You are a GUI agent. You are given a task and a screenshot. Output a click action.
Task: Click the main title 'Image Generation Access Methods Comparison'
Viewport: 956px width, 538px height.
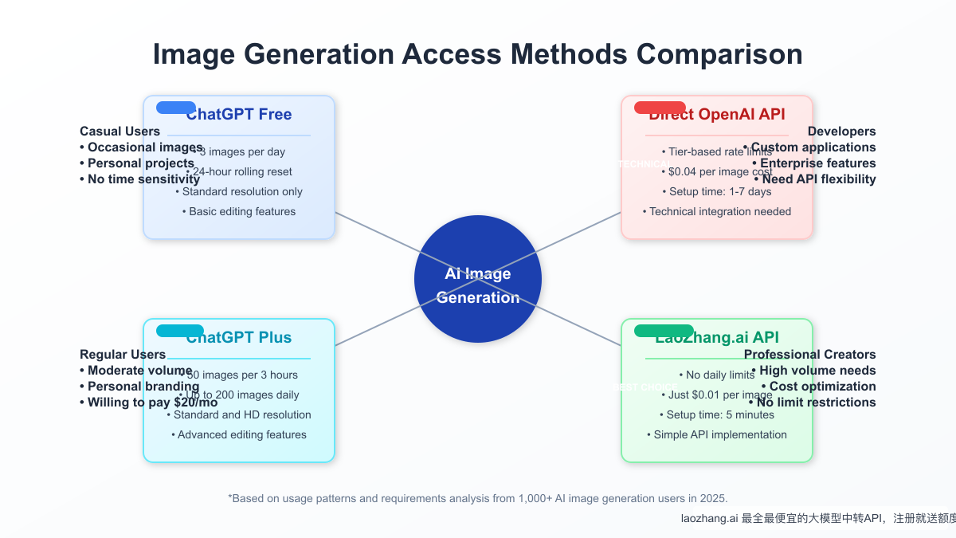(477, 54)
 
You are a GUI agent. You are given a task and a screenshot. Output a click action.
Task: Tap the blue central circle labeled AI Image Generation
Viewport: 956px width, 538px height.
(478, 279)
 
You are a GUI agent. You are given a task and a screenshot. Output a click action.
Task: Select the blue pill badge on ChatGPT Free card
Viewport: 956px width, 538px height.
(176, 108)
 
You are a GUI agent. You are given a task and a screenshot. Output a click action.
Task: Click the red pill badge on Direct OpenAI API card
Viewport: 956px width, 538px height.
(660, 108)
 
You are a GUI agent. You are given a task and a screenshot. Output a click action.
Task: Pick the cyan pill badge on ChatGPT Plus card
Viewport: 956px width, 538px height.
(180, 331)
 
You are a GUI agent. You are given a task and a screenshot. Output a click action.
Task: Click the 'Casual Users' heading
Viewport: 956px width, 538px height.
(119, 132)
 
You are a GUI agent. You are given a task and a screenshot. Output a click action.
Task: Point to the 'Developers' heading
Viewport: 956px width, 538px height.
(841, 132)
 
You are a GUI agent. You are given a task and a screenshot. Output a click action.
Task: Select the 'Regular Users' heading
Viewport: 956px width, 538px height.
(123, 355)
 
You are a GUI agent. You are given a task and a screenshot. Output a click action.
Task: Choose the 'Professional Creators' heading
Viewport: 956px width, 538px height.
(809, 355)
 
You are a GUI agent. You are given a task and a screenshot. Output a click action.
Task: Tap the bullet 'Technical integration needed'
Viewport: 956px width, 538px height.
(717, 212)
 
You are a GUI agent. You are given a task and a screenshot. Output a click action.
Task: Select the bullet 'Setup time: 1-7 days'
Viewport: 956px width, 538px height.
(717, 192)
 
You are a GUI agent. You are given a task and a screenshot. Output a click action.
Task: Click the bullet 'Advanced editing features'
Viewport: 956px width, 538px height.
(239, 435)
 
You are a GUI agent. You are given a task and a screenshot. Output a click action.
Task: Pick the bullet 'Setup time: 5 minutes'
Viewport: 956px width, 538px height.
(717, 415)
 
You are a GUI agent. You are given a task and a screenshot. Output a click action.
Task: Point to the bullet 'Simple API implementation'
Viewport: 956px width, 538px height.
(717, 435)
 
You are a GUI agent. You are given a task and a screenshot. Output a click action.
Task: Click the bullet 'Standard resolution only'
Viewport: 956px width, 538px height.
(239, 192)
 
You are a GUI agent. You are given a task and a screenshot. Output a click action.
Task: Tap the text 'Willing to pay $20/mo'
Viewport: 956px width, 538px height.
(148, 403)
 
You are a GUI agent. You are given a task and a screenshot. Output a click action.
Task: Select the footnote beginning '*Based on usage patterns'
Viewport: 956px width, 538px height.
(478, 498)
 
